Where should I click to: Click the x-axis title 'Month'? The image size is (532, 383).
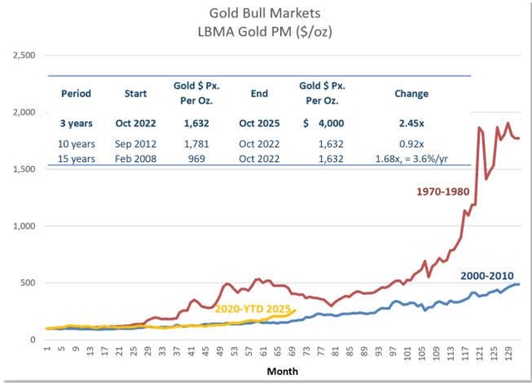coord(282,371)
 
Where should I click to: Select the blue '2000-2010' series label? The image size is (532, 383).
coord(487,276)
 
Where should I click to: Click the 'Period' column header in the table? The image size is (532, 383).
coord(76,94)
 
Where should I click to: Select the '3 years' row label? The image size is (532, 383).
coord(76,123)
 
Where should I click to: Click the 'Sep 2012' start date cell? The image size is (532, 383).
coord(135,141)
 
